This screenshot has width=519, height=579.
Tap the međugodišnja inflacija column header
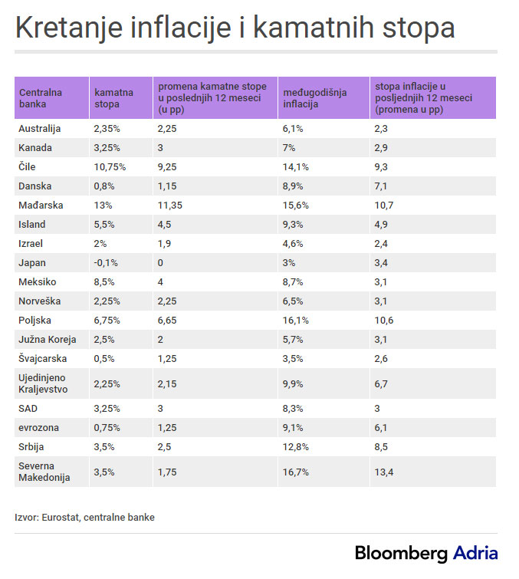pos(315,97)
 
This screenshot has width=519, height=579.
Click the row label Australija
pos(40,129)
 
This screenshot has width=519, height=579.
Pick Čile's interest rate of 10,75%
pos(110,167)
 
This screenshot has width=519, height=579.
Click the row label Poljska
pos(35,321)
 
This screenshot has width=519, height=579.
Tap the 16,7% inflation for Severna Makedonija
pos(296,472)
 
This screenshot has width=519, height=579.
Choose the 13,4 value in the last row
pos(385,472)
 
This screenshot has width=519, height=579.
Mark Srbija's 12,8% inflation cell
pos(296,446)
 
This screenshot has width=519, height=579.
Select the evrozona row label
pos(39,427)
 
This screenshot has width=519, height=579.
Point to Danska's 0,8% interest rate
pos(105,186)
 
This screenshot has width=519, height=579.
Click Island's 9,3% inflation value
pos(294,225)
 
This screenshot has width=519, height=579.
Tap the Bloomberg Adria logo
pos(426,554)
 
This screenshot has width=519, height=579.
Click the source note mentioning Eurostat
pos(84,518)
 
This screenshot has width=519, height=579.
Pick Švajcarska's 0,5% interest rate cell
pos(105,359)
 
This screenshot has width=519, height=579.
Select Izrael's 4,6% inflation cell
pos(294,244)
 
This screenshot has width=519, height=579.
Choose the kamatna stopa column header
pos(113,97)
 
